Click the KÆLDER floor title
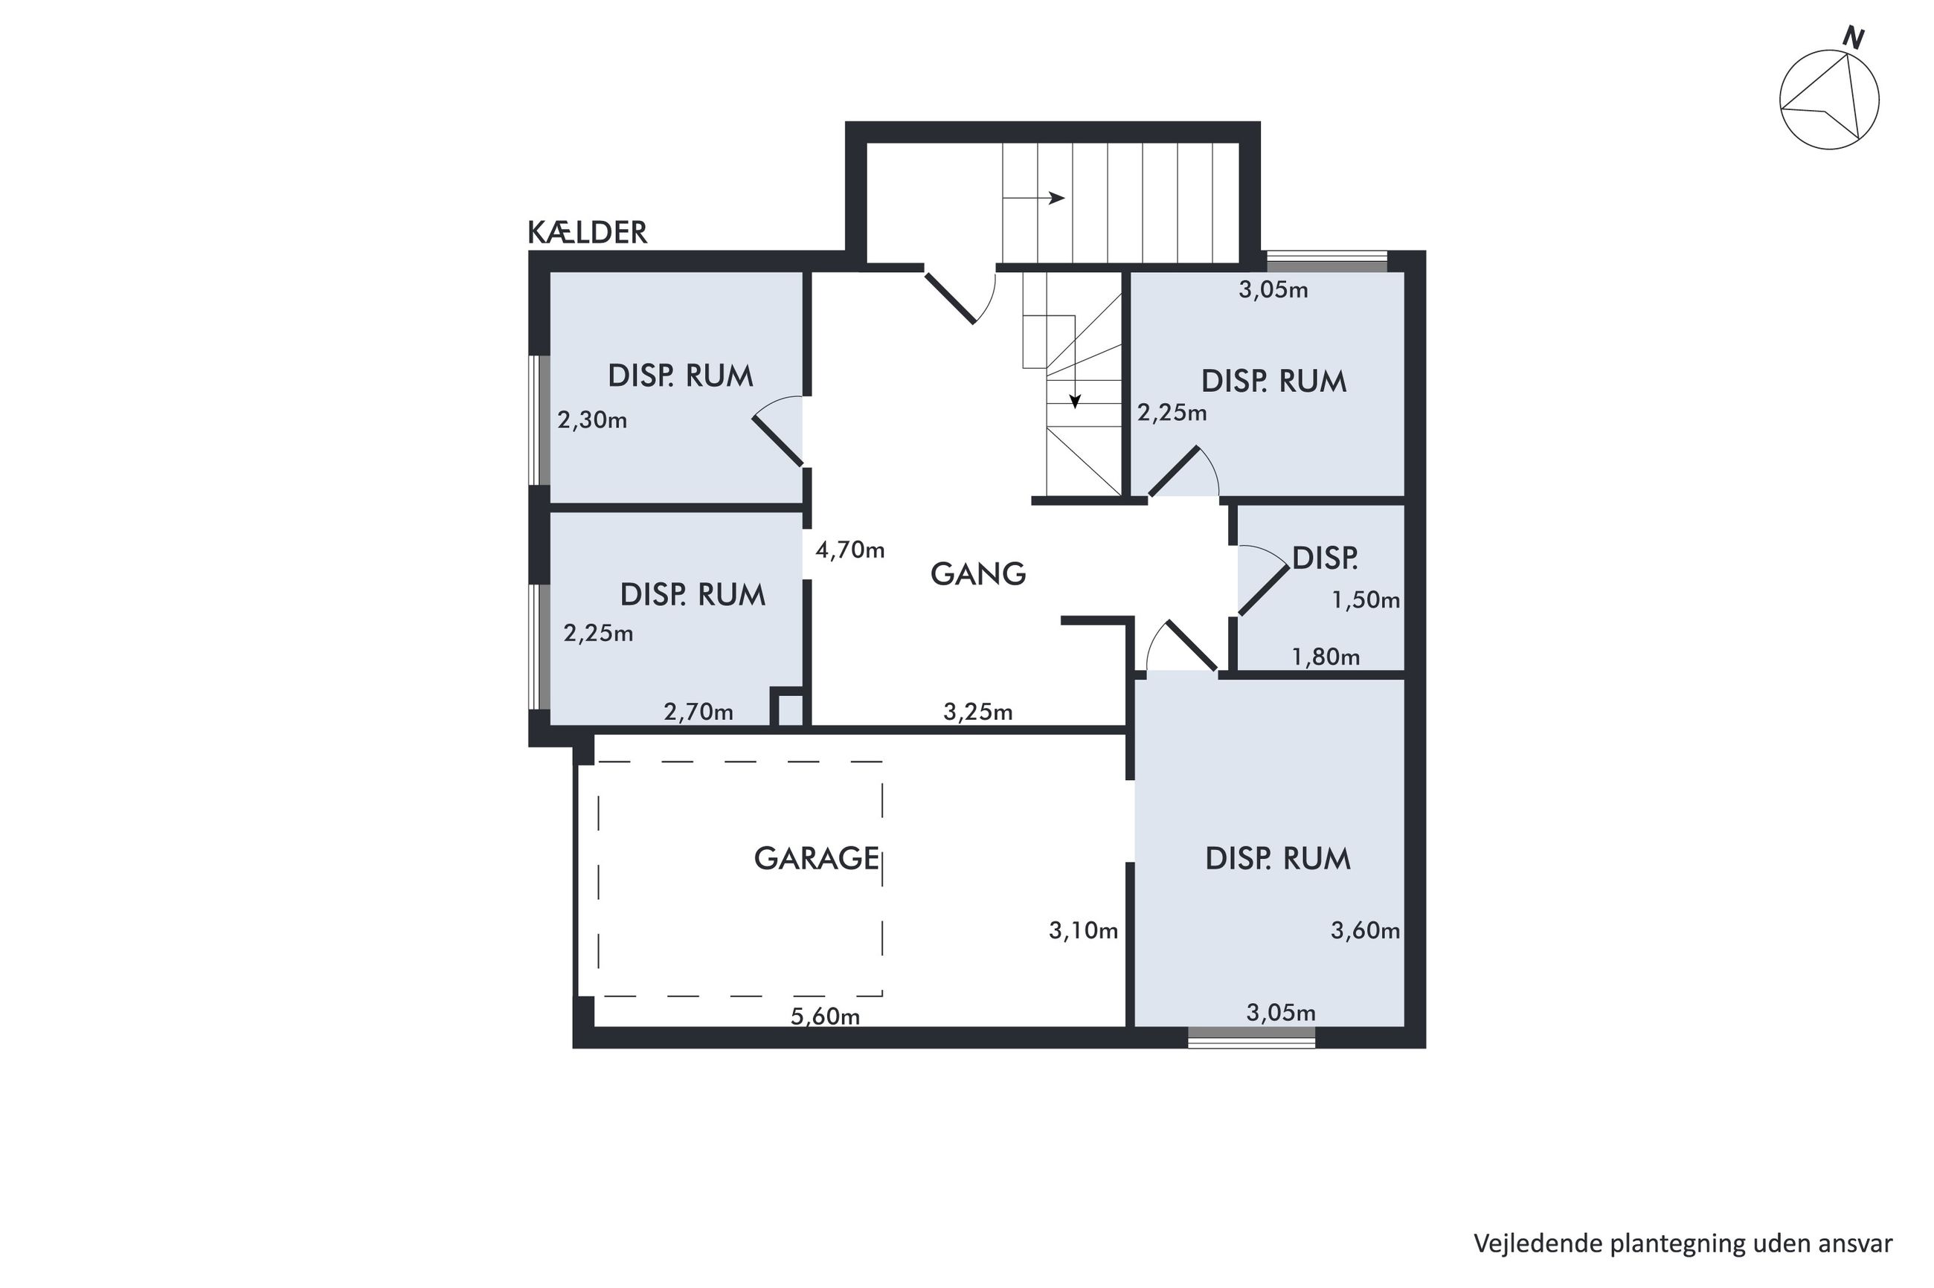pos(587,233)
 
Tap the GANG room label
pos(977,573)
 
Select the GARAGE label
pos(817,858)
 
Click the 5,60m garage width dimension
pos(825,1017)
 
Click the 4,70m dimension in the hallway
pos(849,550)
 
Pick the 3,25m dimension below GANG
pos(977,712)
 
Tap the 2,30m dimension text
pos(591,421)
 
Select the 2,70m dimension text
pos(698,712)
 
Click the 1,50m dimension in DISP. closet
pos(1366,600)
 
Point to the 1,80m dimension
pos(1326,657)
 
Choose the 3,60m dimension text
pos(1365,931)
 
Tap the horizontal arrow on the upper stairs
pos(1033,198)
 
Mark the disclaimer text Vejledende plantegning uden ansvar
pos(1683,1243)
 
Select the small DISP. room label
pos(1324,558)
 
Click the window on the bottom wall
pos(1251,1037)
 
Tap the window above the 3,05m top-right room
pos(1327,261)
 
